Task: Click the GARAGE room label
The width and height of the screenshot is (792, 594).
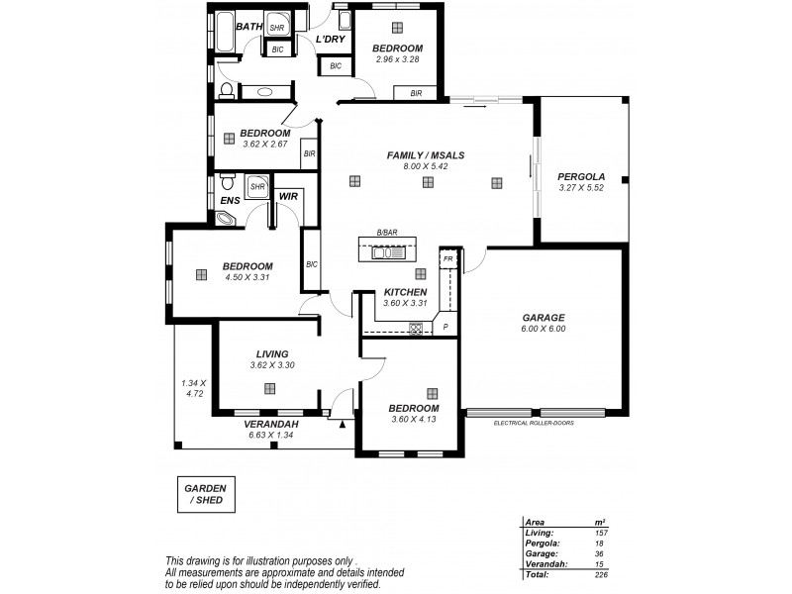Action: (x=544, y=318)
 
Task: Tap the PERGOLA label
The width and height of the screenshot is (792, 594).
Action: (x=580, y=175)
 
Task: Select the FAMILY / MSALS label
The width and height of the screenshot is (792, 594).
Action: (x=426, y=155)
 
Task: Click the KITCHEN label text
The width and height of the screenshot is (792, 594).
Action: (x=405, y=292)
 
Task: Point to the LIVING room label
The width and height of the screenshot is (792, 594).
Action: (x=271, y=353)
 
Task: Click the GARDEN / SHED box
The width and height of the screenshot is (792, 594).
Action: (x=206, y=495)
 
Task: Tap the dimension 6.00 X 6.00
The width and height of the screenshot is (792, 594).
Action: (x=544, y=330)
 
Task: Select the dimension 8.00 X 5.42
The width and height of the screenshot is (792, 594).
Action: (x=426, y=167)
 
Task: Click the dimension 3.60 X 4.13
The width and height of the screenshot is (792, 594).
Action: (x=413, y=419)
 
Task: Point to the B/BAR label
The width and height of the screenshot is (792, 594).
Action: (x=385, y=234)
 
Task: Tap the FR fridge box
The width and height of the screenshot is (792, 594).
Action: (x=447, y=257)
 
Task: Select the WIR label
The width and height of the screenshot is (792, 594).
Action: (x=288, y=197)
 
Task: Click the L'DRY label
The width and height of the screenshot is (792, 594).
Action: (x=330, y=39)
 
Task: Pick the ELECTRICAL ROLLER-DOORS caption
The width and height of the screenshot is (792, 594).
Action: (x=534, y=423)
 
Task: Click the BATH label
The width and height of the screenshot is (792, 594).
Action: (x=249, y=27)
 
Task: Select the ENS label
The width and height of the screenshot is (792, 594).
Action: (x=231, y=199)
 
